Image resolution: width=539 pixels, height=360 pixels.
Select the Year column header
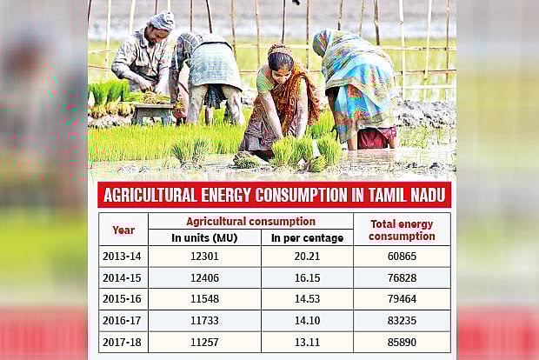123,230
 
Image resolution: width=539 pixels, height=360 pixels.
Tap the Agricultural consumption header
250,221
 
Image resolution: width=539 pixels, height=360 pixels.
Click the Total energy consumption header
402,230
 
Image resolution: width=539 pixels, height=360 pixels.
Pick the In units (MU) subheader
204,237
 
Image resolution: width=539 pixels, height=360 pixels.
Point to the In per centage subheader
307,237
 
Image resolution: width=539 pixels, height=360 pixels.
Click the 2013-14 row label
123,257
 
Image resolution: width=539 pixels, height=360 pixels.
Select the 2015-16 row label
123,299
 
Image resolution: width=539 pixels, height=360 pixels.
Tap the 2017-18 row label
123,342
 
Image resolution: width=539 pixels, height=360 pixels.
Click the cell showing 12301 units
204,257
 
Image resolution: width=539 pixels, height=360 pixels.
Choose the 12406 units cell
204,278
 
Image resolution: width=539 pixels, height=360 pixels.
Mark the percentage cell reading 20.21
307,257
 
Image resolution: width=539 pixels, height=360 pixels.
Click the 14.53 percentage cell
307,299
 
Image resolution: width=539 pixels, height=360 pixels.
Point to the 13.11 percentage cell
307,342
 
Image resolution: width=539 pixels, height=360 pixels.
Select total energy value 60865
402,257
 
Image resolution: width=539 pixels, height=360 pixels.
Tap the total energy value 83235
402,321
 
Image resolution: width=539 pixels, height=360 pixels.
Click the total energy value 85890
402,342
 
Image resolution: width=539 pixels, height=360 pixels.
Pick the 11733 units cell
204,321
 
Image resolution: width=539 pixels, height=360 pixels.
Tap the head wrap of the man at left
163,20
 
